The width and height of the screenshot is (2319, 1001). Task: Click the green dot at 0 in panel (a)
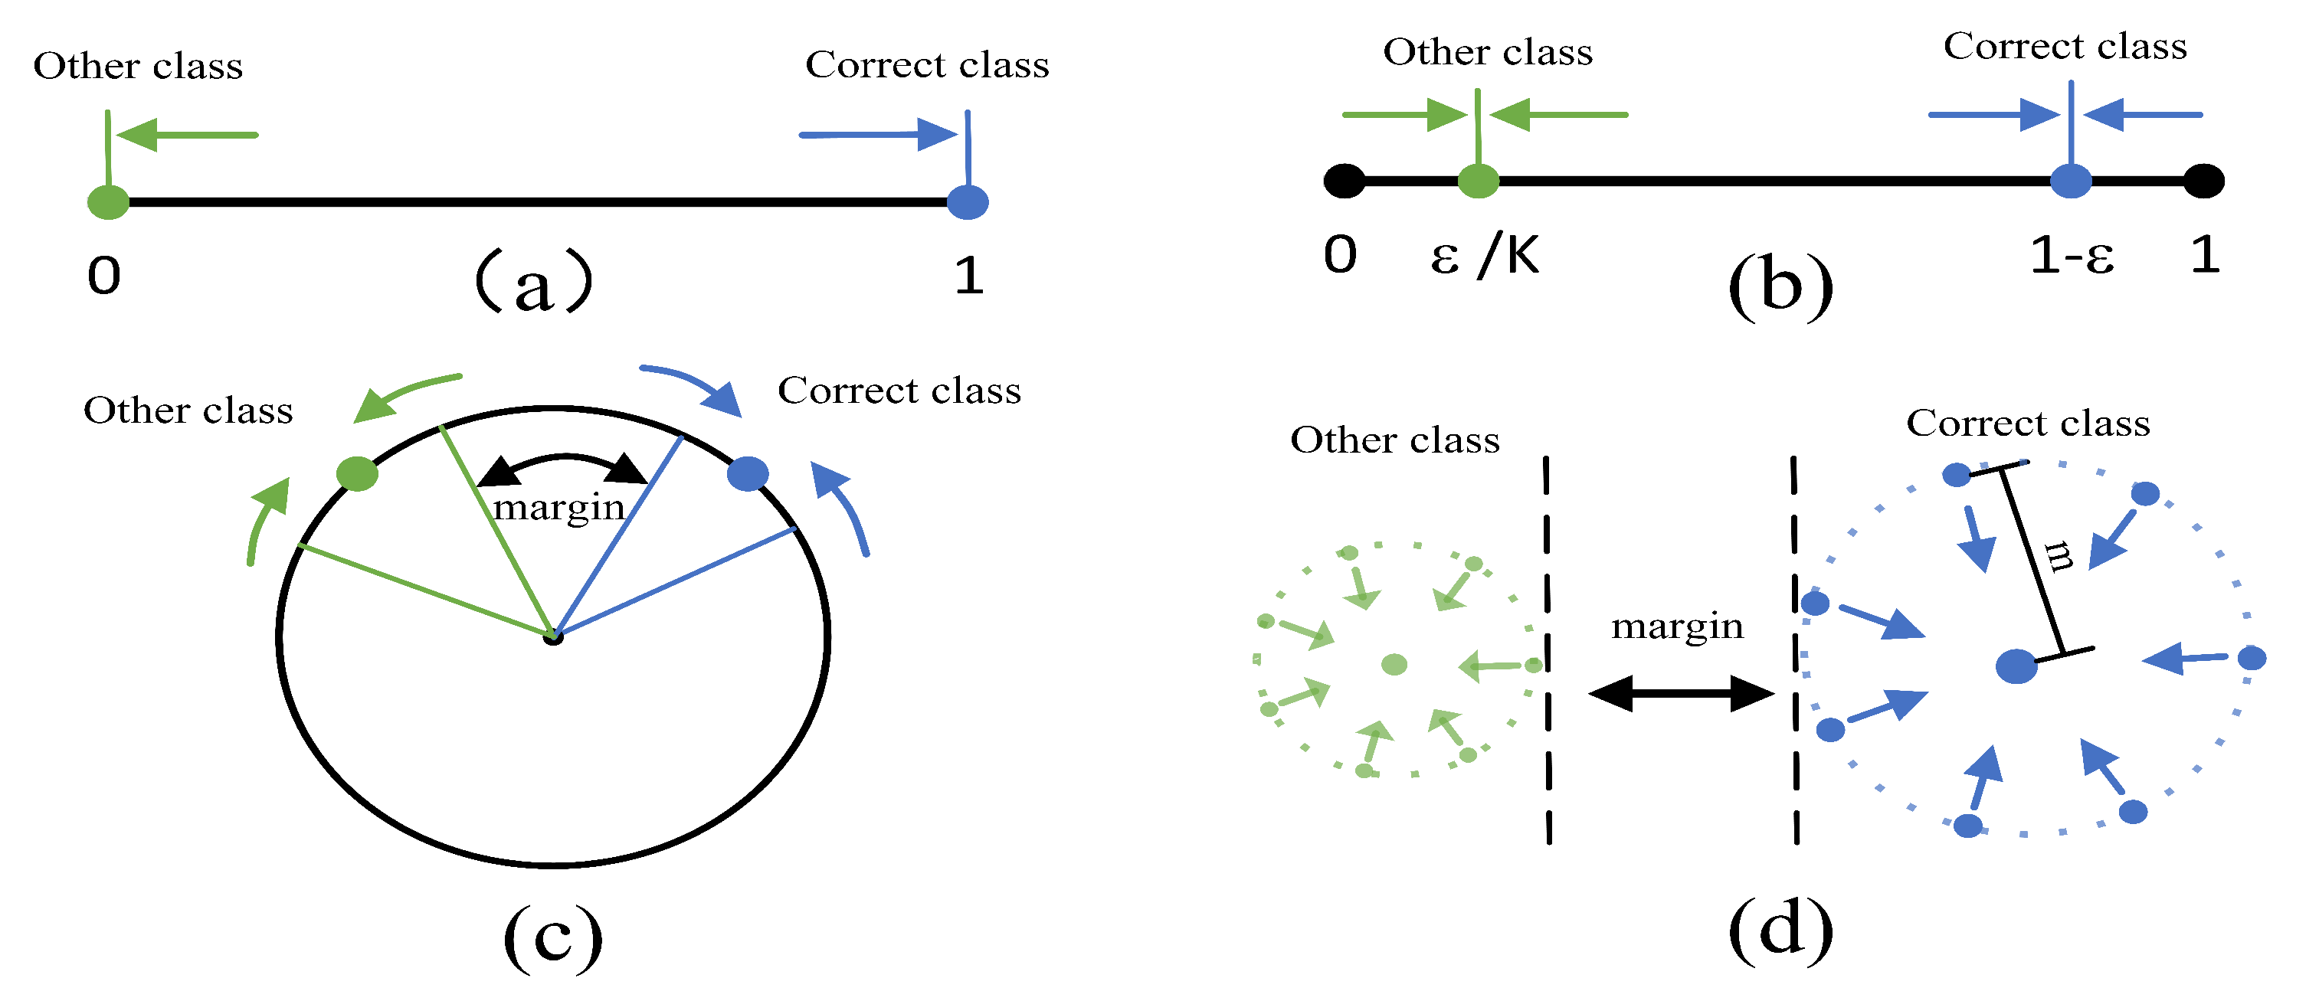point(108,202)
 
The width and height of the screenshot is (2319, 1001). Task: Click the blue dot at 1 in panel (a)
point(968,202)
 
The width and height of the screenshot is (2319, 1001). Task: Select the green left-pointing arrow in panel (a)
point(187,135)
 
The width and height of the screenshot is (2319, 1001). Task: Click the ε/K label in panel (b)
point(1485,256)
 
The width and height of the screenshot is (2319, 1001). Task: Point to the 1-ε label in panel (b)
point(2072,256)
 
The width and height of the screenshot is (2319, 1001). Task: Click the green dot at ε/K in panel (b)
point(1478,181)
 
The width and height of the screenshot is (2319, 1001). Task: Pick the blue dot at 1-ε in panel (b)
point(2071,181)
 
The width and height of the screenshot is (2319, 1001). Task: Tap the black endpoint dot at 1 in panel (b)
point(2204,181)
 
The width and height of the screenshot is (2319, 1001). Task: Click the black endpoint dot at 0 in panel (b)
point(1344,181)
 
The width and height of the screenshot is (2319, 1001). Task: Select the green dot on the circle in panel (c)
point(358,473)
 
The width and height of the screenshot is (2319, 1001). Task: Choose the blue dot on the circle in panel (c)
point(747,473)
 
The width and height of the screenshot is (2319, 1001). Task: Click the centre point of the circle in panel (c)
point(552,637)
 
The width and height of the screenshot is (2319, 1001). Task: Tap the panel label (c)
point(552,939)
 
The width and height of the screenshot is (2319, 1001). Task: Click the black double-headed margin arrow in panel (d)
point(1681,694)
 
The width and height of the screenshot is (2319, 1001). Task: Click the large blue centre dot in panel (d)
point(2016,667)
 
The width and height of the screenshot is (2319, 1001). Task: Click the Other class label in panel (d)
point(1394,440)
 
